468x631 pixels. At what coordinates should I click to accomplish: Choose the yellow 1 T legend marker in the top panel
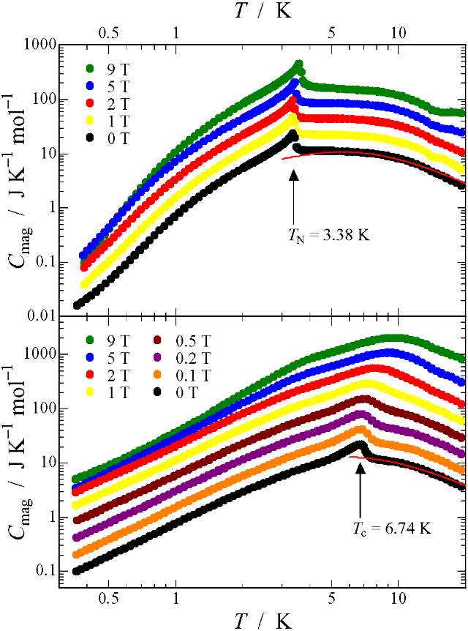90,119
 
